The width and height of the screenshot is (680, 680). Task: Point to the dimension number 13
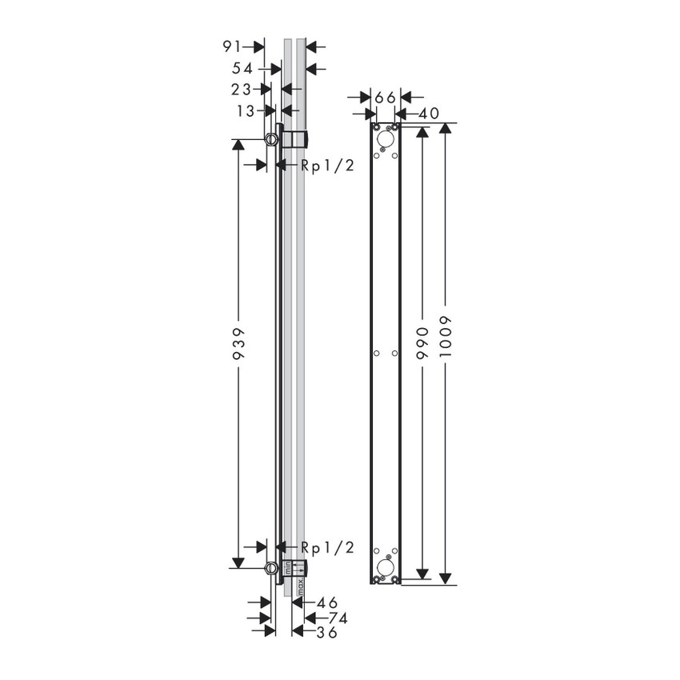(245, 110)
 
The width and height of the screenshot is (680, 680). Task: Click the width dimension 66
(385, 97)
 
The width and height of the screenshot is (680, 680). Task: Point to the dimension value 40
(428, 114)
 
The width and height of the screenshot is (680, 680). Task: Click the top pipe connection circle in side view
(272, 141)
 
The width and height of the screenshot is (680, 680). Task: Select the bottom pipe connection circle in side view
(272, 569)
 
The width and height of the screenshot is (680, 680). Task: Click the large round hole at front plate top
(385, 139)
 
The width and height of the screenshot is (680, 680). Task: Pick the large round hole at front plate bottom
(385, 567)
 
